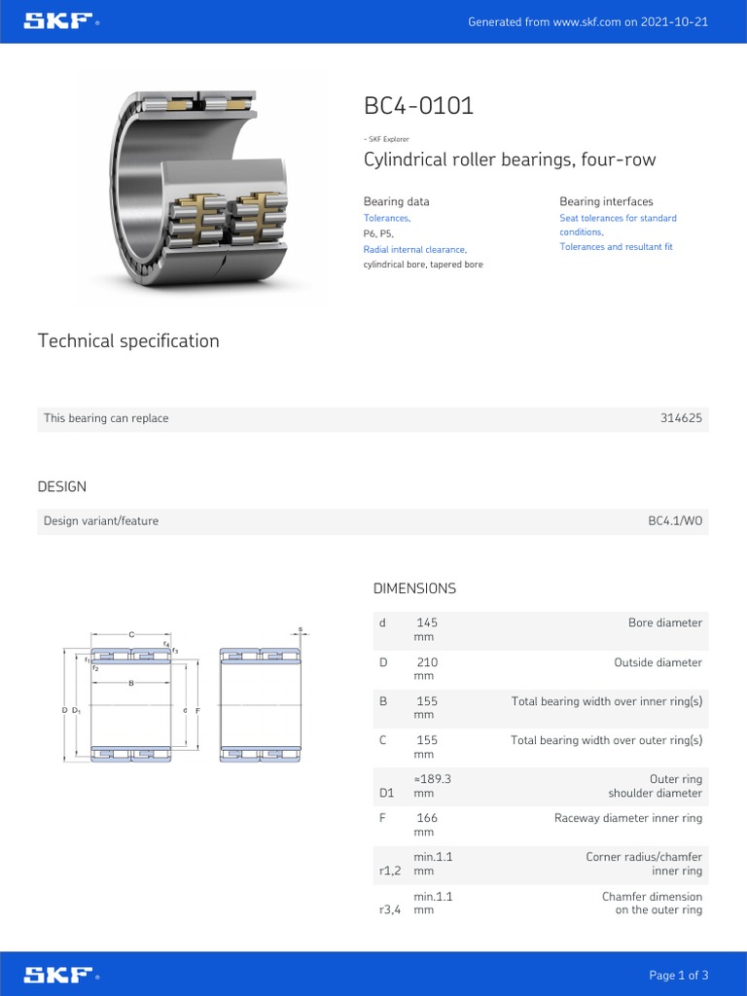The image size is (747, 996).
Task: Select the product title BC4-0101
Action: tap(418, 106)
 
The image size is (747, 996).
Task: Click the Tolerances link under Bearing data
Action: tap(386, 218)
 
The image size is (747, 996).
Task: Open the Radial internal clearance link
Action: tap(414, 250)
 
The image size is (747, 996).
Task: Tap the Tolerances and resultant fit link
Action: tap(616, 247)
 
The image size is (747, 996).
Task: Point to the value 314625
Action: tap(681, 418)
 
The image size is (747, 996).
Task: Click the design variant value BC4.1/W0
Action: tap(675, 521)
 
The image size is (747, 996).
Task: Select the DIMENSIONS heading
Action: tap(414, 588)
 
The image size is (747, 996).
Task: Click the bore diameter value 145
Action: tap(427, 622)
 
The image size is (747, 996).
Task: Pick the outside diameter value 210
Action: tap(427, 662)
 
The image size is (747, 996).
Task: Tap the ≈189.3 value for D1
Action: tap(433, 779)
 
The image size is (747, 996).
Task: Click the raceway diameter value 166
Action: tap(427, 818)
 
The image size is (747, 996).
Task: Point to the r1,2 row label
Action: tap(390, 871)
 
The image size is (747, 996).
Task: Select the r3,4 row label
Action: tap(390, 910)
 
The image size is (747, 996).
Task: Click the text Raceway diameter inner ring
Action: tap(627, 818)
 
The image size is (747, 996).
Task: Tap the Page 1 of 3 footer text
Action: tap(678, 976)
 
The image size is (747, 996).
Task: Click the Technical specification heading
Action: tap(128, 341)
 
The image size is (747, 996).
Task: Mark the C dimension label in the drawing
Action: tap(131, 634)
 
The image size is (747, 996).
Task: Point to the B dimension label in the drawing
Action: tap(131, 683)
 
